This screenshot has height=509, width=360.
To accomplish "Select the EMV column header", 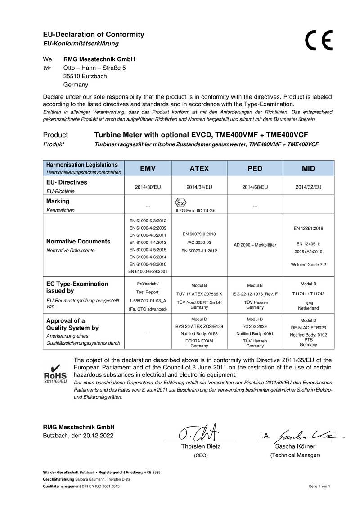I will [148, 168].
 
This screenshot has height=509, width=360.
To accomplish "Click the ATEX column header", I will [199, 168].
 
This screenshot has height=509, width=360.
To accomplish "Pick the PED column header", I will [255, 168].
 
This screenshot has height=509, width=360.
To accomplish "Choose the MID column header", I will [308, 168].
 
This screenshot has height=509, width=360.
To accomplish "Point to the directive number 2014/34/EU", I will [199, 186].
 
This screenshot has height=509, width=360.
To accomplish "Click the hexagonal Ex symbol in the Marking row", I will [179, 201].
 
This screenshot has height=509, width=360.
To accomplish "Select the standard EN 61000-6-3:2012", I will [148, 221].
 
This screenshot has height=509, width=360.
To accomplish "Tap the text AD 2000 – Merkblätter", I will [255, 245].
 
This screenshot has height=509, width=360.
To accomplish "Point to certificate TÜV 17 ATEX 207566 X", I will [199, 294].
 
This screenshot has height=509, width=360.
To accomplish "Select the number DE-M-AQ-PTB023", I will [308, 328].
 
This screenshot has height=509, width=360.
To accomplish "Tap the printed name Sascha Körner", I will [295, 446].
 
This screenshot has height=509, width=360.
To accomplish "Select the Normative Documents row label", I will [78, 242].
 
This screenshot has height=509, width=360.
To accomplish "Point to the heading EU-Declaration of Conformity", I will [93, 35].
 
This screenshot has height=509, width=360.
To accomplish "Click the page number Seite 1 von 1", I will [319, 486].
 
